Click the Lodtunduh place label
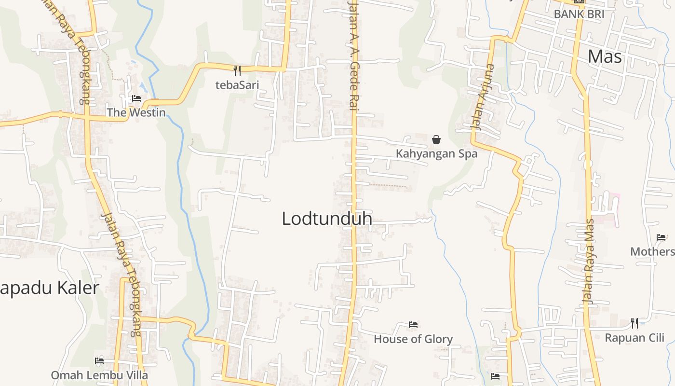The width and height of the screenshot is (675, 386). [x=327, y=219]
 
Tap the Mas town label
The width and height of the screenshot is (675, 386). [x=605, y=57]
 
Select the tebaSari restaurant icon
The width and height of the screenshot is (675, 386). [x=237, y=71]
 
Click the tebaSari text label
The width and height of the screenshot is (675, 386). [x=237, y=85]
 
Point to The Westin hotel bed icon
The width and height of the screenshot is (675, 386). [x=136, y=98]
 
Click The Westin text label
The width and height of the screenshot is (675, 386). [x=136, y=113]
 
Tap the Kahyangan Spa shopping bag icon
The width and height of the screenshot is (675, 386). [x=436, y=139]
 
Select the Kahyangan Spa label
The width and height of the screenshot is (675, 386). [x=436, y=154]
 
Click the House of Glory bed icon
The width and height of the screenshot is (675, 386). [x=413, y=325]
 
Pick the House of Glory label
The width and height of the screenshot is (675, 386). [x=413, y=339]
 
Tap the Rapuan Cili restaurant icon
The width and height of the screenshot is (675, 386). [x=634, y=323]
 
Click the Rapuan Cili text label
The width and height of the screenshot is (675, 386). [x=634, y=338]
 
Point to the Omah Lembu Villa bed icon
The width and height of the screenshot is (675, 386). [x=99, y=360]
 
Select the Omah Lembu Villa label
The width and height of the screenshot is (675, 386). [x=99, y=375]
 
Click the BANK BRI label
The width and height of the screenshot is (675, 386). [x=579, y=14]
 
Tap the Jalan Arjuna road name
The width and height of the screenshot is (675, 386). [x=483, y=96]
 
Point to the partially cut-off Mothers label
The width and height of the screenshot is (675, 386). [x=652, y=252]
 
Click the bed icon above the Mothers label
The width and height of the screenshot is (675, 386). [x=661, y=237]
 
